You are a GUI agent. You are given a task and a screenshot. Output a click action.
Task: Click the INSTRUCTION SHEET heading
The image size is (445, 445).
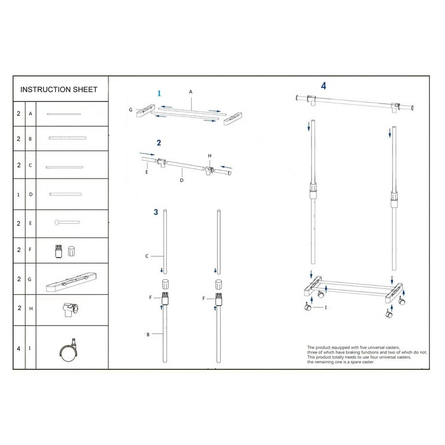click(x=59, y=89)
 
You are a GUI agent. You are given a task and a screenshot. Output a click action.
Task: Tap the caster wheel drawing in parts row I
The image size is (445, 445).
click(x=69, y=350)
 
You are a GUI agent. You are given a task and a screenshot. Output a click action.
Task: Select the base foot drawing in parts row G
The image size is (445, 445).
click(x=71, y=282)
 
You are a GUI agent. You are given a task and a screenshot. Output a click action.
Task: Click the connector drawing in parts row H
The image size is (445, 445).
click(x=70, y=309)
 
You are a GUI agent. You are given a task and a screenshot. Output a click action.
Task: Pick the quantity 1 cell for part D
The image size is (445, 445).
click(x=19, y=195)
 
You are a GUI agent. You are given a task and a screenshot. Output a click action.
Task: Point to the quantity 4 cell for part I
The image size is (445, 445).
click(x=19, y=348)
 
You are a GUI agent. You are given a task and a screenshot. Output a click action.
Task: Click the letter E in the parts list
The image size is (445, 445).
click(x=30, y=223)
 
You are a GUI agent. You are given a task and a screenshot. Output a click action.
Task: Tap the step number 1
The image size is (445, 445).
click(x=159, y=93)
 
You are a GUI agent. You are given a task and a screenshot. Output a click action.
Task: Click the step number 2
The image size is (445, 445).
click(x=159, y=143)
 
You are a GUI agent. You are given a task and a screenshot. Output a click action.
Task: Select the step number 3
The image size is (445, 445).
click(x=156, y=212)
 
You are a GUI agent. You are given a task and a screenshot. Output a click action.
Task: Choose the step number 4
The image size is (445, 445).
click(x=323, y=86)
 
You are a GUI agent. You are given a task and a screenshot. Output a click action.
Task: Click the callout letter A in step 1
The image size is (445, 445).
click(x=191, y=92)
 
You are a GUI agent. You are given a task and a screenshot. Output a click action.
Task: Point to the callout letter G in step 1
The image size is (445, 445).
click(x=130, y=110)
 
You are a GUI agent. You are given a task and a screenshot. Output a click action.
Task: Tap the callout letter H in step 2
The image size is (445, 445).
click(x=210, y=156)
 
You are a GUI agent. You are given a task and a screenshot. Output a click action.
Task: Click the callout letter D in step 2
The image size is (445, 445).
click(x=181, y=180)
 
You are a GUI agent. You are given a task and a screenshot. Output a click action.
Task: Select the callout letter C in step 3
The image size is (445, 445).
click(x=147, y=256)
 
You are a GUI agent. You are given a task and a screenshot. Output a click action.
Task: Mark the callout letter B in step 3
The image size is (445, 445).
click(x=148, y=334)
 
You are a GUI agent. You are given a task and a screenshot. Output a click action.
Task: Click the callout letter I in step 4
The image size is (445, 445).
click(x=326, y=307)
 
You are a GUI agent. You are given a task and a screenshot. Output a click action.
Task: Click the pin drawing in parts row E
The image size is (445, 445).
click(x=67, y=222)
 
